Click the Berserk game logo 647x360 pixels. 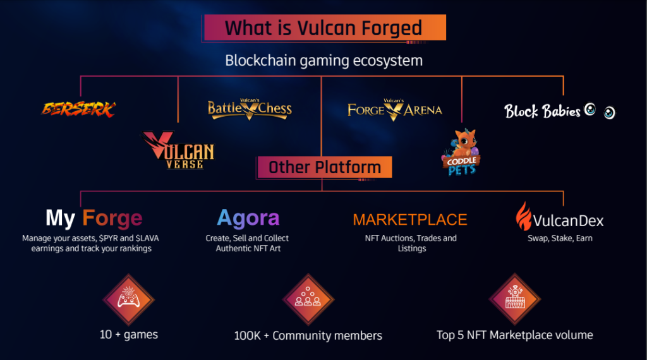click(78, 109)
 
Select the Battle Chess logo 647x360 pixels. click(250, 109)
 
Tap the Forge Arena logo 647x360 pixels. click(394, 110)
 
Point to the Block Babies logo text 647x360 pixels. click(542, 111)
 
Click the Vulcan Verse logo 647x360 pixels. click(179, 150)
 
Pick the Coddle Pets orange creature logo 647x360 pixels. click(461, 152)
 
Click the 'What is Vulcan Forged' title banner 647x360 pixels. click(325, 28)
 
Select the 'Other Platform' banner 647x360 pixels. click(324, 167)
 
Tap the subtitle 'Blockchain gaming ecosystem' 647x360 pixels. click(324, 61)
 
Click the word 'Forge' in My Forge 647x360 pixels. click(112, 218)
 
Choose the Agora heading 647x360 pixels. click(248, 218)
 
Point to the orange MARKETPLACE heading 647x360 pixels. click(409, 220)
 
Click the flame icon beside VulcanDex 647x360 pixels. click(524, 216)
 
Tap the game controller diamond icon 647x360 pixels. click(129, 299)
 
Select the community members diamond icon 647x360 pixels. click(308, 299)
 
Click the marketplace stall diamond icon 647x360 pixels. click(515, 299)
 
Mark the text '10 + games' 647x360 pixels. click(129, 335)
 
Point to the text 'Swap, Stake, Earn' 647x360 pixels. click(560, 238)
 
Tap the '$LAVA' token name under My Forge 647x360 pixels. click(147, 238)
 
